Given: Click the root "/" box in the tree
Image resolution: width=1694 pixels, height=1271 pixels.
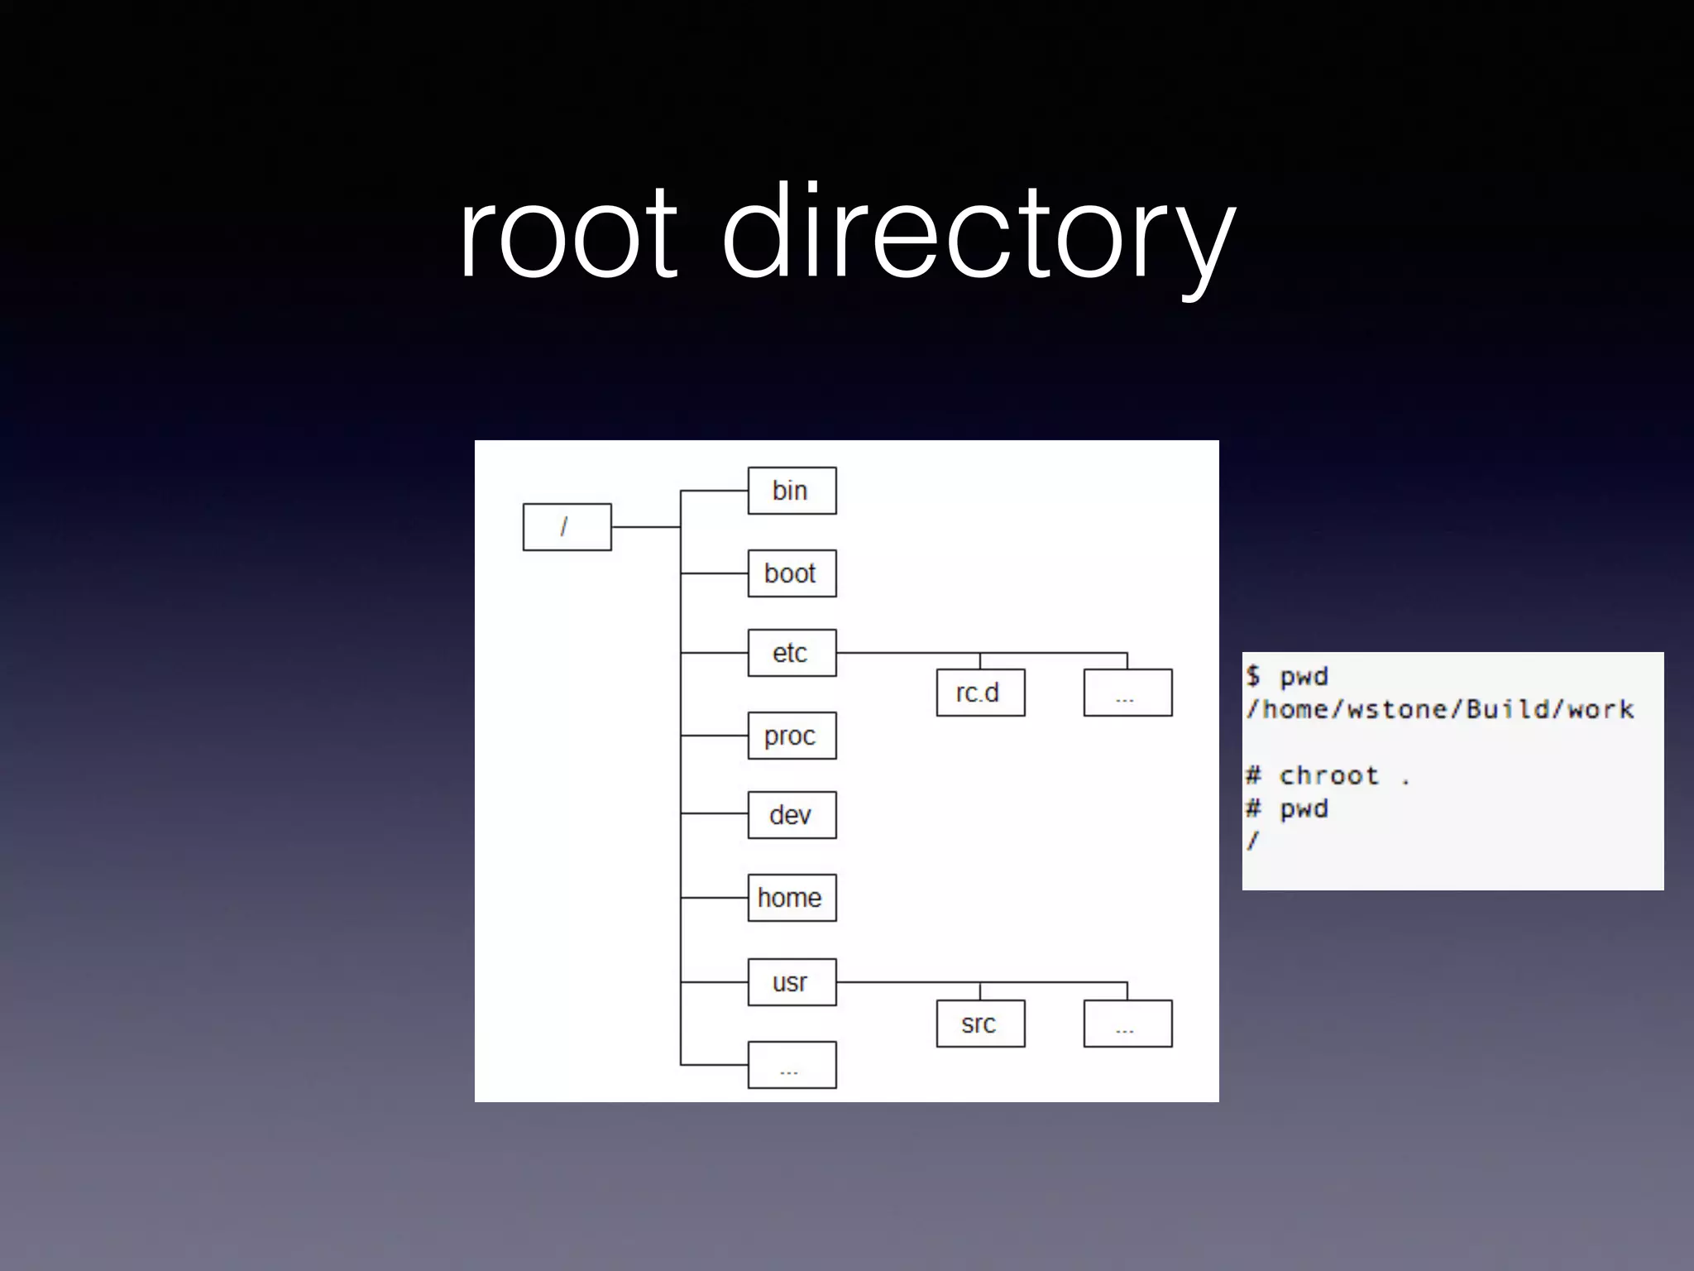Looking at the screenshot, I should (x=567, y=526).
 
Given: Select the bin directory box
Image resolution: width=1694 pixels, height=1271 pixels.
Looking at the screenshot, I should (x=792, y=491).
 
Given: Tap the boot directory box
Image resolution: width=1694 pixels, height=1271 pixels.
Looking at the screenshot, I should (x=792, y=573).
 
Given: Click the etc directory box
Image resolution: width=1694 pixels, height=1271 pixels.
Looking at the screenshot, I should (x=792, y=653).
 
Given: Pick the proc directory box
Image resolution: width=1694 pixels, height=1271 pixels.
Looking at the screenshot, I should (x=792, y=736).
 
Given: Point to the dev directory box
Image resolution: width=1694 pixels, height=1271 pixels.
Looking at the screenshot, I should (x=792, y=815).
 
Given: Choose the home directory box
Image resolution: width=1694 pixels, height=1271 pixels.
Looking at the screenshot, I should (x=792, y=898).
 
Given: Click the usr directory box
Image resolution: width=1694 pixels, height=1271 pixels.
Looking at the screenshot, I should (x=792, y=982).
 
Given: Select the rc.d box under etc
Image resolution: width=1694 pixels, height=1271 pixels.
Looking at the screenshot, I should (x=980, y=693).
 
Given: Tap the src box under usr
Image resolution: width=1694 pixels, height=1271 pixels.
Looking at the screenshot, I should (x=980, y=1024).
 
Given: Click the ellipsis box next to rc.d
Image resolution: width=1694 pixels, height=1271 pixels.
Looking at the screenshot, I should (x=1127, y=693).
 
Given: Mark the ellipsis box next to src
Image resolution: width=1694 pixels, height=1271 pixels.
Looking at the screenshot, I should (x=1127, y=1024).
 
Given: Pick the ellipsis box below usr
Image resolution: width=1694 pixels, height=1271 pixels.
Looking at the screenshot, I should (x=792, y=1065).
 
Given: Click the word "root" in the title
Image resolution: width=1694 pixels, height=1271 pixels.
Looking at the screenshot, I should (x=568, y=233).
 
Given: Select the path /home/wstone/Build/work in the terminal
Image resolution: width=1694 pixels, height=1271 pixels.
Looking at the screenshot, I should (x=1440, y=709).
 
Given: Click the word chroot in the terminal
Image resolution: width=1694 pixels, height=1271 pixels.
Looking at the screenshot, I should (x=1328, y=775).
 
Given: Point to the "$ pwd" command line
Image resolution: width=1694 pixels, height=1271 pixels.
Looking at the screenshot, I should (x=1288, y=676).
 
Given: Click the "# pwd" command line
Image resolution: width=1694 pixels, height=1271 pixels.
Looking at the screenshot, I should (x=1288, y=808).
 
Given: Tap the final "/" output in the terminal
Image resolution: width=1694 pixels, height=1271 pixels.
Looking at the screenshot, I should (x=1253, y=842).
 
